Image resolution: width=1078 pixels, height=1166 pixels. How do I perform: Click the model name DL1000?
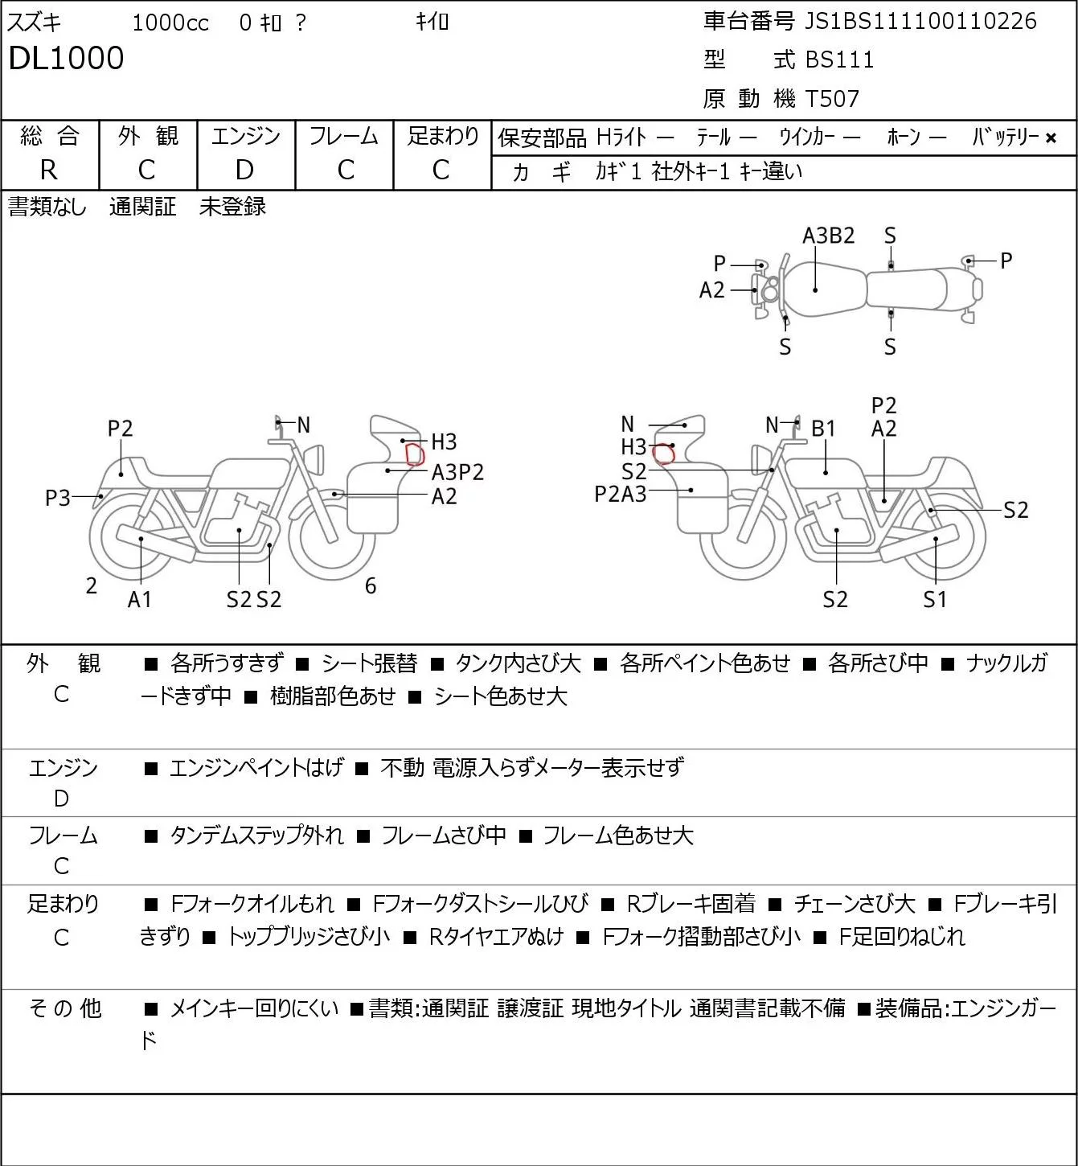67,58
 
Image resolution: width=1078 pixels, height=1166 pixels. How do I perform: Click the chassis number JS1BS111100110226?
920,21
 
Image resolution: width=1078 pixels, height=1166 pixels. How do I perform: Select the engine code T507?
832,99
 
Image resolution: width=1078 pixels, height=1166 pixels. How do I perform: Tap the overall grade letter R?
49,170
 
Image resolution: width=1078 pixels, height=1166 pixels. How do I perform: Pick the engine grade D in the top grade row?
244,170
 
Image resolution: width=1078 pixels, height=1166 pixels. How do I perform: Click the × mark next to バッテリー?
1051,138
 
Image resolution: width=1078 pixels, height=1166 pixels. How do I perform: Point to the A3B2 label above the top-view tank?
828,236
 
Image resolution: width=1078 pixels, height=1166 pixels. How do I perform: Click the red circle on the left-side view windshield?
415,454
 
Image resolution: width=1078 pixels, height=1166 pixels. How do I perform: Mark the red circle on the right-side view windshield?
663,454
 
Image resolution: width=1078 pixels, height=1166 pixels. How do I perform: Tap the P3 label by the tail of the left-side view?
58,498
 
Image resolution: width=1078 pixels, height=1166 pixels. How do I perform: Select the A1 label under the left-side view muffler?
140,599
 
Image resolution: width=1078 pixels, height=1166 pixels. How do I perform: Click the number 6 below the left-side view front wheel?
371,585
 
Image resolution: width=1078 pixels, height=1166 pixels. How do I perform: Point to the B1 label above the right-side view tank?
823,429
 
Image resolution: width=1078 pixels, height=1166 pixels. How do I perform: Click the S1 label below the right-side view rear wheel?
935,599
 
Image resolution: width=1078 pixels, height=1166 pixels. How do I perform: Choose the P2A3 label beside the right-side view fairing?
620,495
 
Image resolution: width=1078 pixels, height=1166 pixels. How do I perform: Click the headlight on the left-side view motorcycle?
314,459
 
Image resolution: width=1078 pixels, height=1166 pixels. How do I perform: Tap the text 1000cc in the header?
170,23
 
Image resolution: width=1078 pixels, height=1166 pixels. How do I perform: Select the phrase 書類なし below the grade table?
47,207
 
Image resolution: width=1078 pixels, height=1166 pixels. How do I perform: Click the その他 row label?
65,1008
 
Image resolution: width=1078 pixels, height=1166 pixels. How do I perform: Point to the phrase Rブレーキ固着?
691,904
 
